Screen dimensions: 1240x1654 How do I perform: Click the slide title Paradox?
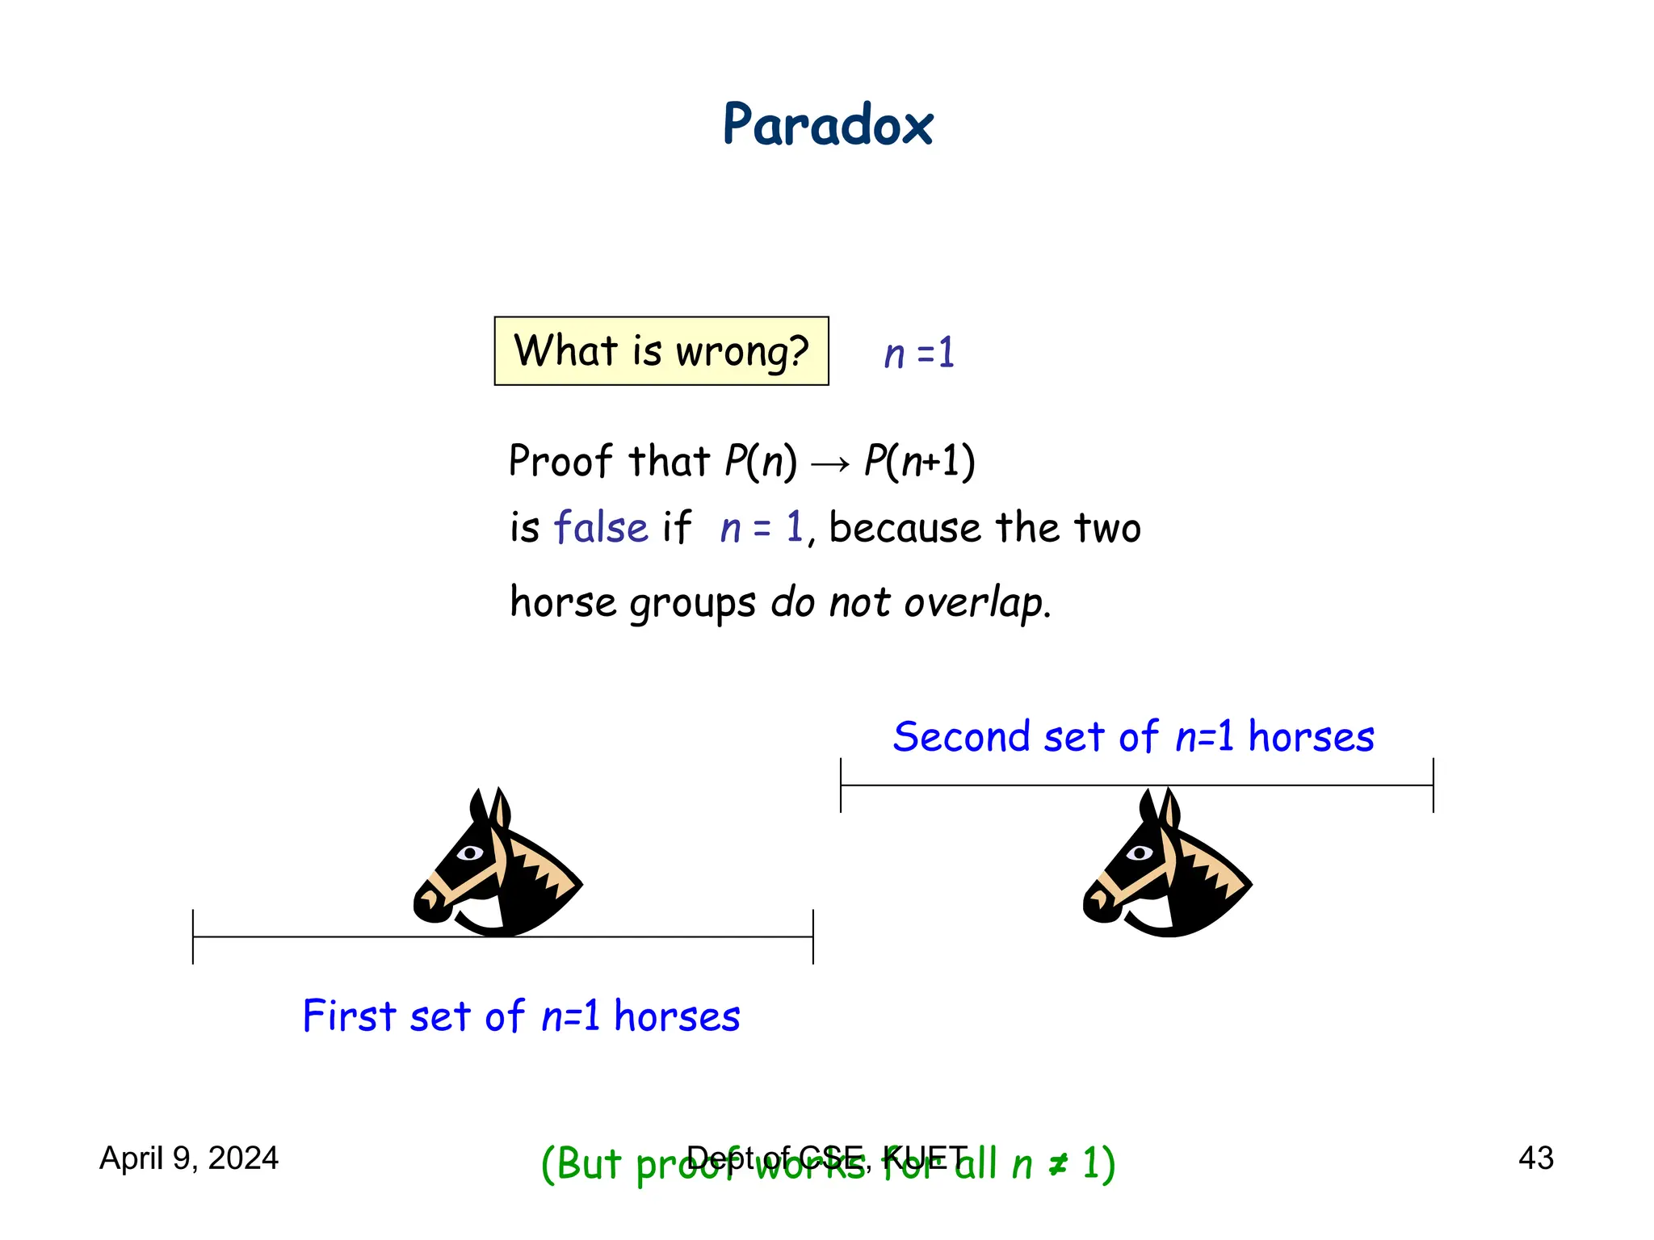[x=827, y=126]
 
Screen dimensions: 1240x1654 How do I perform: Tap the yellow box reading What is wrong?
[x=661, y=351]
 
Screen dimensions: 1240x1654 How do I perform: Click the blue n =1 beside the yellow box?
[x=919, y=354]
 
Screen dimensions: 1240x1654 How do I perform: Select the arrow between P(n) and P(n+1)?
[x=830, y=463]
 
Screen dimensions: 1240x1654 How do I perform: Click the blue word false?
[x=601, y=528]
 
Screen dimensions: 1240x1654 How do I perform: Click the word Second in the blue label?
[x=961, y=736]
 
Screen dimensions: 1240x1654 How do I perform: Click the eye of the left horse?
[x=470, y=852]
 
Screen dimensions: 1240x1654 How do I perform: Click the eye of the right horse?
[x=1140, y=852]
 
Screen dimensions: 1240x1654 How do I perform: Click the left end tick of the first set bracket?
[x=193, y=936]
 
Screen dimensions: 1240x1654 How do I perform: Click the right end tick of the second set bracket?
[x=1434, y=785]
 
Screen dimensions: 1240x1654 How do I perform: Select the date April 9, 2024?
[x=188, y=1158]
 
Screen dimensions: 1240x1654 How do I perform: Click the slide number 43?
[x=1535, y=1158]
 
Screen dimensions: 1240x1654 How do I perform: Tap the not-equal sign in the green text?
[x=1058, y=1164]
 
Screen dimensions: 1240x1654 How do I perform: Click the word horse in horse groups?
[x=563, y=602]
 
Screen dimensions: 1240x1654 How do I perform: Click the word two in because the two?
[x=1106, y=528]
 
